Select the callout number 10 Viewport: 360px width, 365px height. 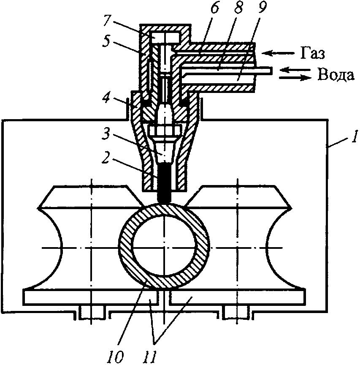(116, 357)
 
